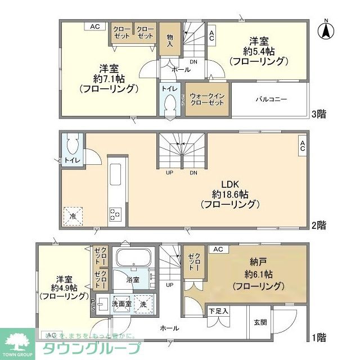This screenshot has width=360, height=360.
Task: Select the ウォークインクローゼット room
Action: coord(207,100)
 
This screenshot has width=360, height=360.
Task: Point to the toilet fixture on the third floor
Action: coord(170,104)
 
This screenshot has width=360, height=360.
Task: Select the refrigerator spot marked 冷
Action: coord(73,215)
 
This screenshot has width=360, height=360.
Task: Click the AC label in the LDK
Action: coord(302,146)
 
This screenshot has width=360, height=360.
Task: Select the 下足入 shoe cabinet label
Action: coord(218,310)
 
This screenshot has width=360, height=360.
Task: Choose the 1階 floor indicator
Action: coord(319,337)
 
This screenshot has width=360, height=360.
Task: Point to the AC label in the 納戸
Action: coord(218,249)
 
